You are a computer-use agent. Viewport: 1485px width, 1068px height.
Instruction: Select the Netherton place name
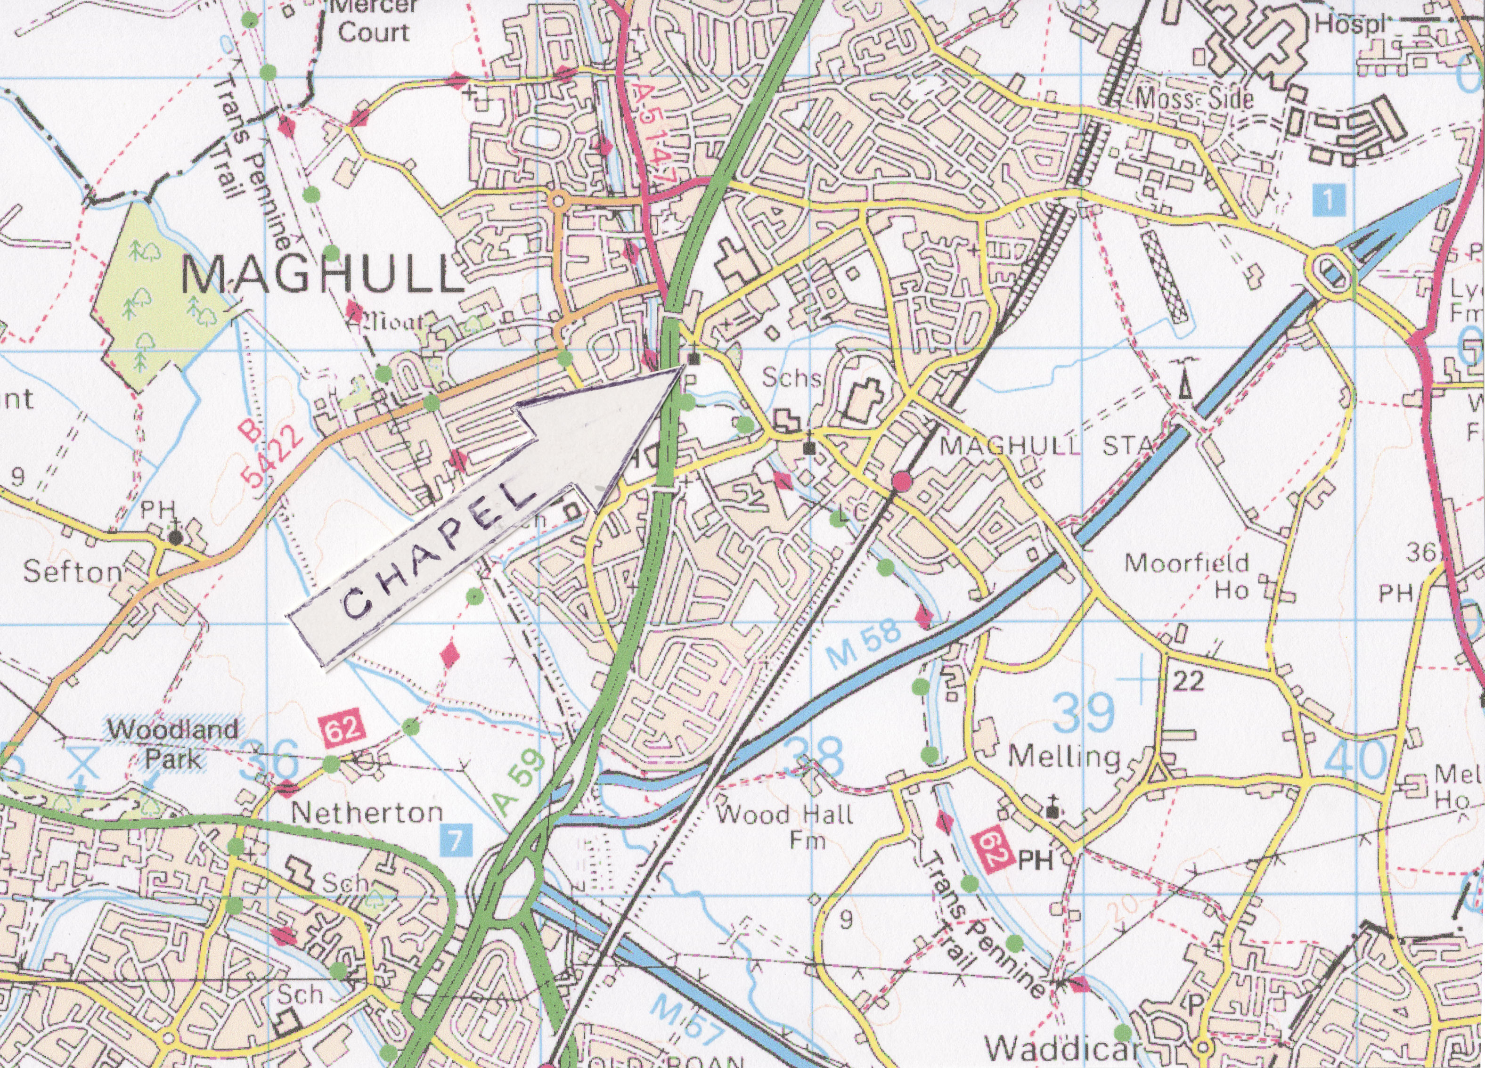tap(367, 813)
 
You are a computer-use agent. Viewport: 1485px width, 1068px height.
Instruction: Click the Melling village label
tap(1064, 758)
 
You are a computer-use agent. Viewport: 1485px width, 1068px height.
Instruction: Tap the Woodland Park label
tap(173, 744)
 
